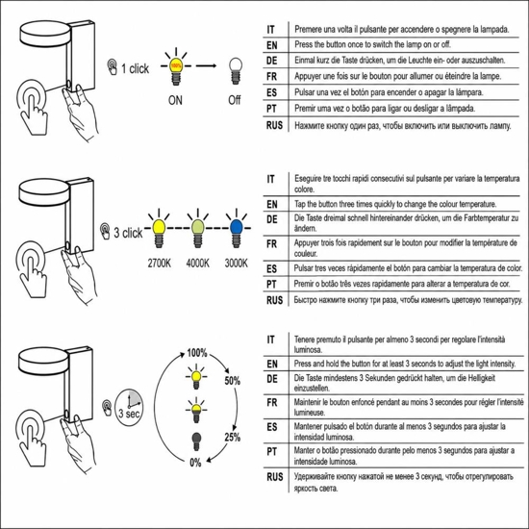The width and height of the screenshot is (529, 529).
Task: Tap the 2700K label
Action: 160,264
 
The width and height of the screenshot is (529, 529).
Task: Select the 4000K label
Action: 198,264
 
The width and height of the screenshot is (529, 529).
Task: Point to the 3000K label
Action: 237,264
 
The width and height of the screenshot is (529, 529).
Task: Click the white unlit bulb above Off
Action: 235,71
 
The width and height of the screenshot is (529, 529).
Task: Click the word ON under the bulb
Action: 175,100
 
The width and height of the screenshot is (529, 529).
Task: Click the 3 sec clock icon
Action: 129,408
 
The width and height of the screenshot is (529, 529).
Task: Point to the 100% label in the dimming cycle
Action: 197,353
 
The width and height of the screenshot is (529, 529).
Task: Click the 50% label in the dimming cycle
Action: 233,381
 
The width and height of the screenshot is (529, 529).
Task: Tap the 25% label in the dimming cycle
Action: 233,438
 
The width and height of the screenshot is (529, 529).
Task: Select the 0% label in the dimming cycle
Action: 195,463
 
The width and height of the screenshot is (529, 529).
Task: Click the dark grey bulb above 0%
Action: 196,441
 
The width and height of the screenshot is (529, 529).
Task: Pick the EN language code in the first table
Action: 271,45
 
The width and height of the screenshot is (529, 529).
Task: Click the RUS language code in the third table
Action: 275,477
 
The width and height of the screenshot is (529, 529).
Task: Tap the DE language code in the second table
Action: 271,219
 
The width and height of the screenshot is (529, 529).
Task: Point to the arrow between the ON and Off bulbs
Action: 206,65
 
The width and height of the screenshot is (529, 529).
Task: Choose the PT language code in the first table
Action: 271,109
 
